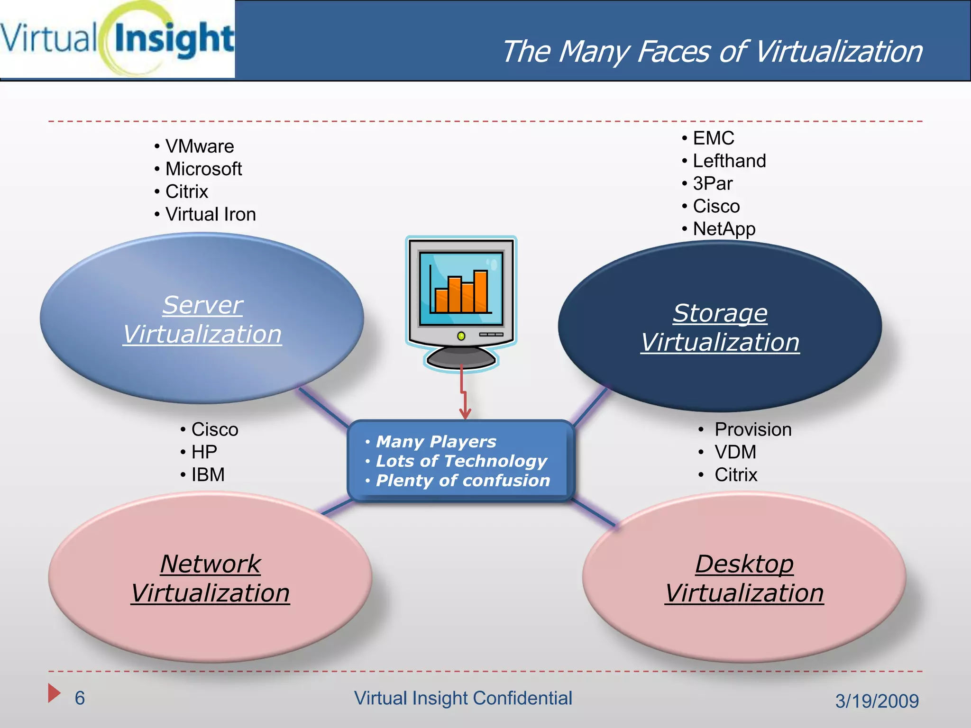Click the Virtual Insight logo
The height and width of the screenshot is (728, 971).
[117, 39]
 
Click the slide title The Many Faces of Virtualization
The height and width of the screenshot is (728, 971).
[712, 51]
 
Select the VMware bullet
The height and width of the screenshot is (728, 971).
[199, 146]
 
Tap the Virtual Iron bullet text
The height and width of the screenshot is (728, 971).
[210, 214]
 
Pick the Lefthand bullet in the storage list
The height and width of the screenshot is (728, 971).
[729, 161]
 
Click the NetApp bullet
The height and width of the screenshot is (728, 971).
[724, 229]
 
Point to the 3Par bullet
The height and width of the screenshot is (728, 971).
[712, 183]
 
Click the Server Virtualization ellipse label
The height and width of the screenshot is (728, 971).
[202, 319]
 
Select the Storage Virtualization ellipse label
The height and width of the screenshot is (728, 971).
[720, 328]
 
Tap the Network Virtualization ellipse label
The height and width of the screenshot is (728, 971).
[210, 579]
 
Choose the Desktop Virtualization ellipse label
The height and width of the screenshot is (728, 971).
[744, 579]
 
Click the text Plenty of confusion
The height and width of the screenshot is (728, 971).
[462, 481]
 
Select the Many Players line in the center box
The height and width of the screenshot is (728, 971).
[435, 442]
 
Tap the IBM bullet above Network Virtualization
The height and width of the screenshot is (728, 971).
[208, 474]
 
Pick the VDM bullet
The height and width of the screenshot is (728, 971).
[735, 452]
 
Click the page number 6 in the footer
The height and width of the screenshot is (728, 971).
[80, 698]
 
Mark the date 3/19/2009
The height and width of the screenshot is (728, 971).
[877, 701]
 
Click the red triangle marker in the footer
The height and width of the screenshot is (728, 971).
[54, 693]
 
